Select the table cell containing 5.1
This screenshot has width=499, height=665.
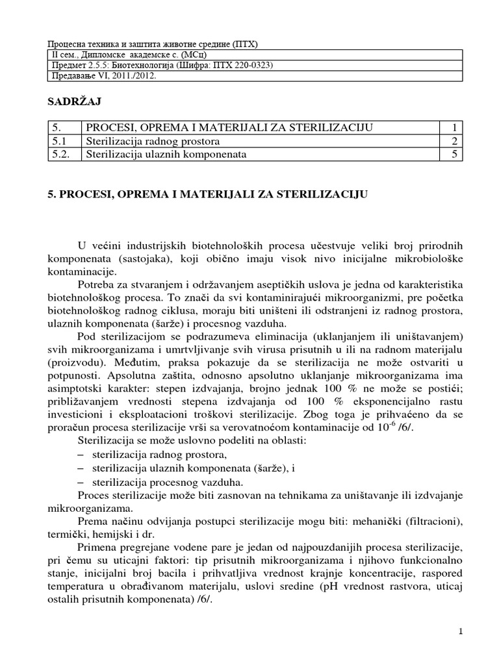pyautogui.click(x=61, y=141)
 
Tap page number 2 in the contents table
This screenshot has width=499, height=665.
pyautogui.click(x=455, y=141)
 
